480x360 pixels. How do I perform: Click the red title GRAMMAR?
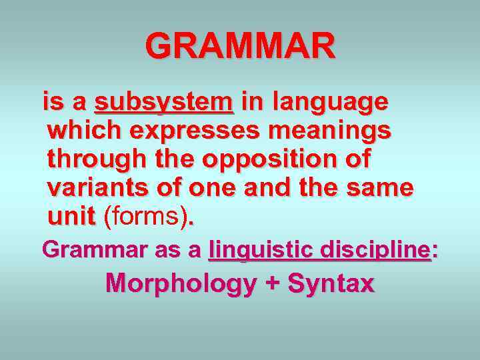pyautogui.click(x=241, y=47)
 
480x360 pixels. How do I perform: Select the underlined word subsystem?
pyautogui.click(x=164, y=103)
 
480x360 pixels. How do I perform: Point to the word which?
pyautogui.click(x=84, y=131)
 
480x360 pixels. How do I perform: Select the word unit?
pyautogui.click(x=72, y=216)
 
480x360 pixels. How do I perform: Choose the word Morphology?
pyautogui.click(x=181, y=284)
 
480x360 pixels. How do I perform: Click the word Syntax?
pyautogui.click(x=331, y=284)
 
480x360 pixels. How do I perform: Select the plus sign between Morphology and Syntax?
pyautogui.click(x=272, y=284)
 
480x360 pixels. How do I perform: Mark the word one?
pyautogui.click(x=209, y=189)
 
